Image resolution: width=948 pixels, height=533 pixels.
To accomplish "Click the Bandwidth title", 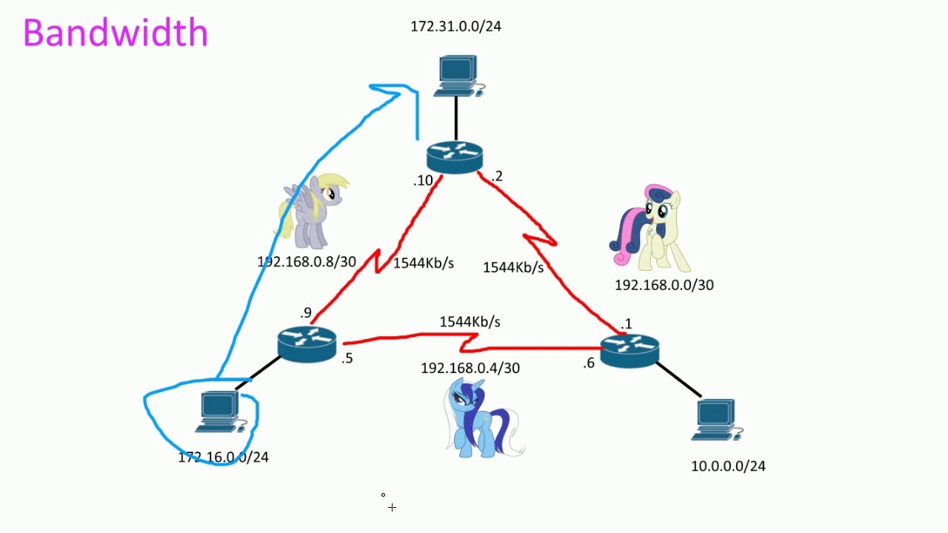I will pyautogui.click(x=116, y=33).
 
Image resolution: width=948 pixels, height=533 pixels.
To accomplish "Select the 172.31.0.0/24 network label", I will pyautogui.click(x=455, y=27).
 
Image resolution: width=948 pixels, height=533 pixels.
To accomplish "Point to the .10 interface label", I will pyautogui.click(x=423, y=181).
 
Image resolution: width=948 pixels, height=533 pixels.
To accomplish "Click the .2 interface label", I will pyautogui.click(x=496, y=176).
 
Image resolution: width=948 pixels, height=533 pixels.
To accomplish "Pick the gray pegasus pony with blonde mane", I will pyautogui.click(x=311, y=211).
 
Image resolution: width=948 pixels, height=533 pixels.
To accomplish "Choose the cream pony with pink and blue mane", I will pyautogui.click(x=650, y=228).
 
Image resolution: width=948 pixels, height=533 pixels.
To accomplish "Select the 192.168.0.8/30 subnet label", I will pyautogui.click(x=307, y=262).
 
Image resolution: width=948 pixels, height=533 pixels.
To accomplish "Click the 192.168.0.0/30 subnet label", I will pyautogui.click(x=664, y=285).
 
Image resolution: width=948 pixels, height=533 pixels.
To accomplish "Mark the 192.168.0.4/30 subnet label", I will pyautogui.click(x=470, y=368).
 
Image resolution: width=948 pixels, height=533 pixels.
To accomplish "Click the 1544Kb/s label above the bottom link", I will pyautogui.click(x=470, y=322).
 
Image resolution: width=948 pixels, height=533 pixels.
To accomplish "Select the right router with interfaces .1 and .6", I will pyautogui.click(x=630, y=349).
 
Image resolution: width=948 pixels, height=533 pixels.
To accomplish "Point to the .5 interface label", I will pyautogui.click(x=347, y=359).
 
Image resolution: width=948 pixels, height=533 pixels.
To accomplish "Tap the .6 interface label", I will pyautogui.click(x=588, y=363).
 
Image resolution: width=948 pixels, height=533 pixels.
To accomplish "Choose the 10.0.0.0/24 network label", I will pyautogui.click(x=728, y=466).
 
